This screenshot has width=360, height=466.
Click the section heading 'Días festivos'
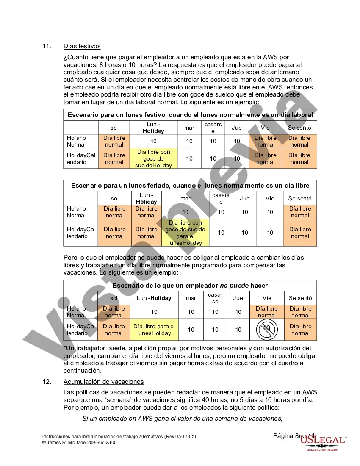coord(82,46)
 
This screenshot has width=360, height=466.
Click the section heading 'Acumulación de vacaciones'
coord(103,382)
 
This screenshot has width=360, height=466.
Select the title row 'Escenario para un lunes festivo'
coord(190,115)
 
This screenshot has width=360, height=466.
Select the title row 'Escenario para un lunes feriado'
coord(190,186)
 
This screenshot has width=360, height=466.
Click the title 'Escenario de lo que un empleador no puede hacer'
coord(190,286)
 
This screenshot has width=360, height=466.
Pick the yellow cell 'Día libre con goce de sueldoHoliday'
coord(153,158)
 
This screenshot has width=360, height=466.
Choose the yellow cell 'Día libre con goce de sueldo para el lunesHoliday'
coord(185,233)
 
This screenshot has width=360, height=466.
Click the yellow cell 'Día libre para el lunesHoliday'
coord(154,330)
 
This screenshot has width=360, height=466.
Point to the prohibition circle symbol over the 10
coord(267,329)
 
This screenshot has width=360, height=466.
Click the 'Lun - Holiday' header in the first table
coord(153,128)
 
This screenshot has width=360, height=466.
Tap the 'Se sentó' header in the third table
coord(300,298)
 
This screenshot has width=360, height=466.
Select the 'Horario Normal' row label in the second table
coord(76,212)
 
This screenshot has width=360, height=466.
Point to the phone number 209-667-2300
coord(102,442)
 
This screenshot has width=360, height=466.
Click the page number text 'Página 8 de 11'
coord(294,436)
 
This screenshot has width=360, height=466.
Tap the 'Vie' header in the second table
coord(270,198)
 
